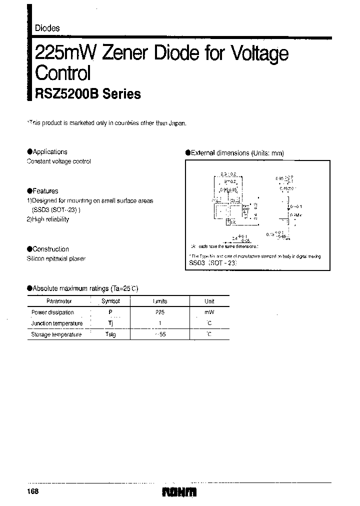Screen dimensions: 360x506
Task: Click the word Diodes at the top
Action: pyautogui.click(x=47, y=28)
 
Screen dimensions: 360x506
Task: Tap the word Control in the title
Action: pyautogui.click(x=62, y=73)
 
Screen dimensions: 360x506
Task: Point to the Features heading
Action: pyautogui.click(x=45, y=191)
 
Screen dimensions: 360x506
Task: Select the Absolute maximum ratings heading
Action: pyautogui.click(x=84, y=288)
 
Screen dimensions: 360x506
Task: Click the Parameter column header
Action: pyautogui.click(x=59, y=301)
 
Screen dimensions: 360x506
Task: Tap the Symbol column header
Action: pyautogui.click(x=110, y=301)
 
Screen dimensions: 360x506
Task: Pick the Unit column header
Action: pyautogui.click(x=209, y=301)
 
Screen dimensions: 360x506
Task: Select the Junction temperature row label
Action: pyautogui.click(x=56, y=323)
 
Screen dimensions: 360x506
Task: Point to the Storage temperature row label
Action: pyautogui.click(x=56, y=334)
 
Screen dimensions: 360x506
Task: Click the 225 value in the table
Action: pyautogui.click(x=160, y=312)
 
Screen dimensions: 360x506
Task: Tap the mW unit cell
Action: pyautogui.click(x=209, y=312)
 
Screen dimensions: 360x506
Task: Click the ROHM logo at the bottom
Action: pyautogui.click(x=179, y=492)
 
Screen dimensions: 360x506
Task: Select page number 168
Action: pyautogui.click(x=32, y=492)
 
